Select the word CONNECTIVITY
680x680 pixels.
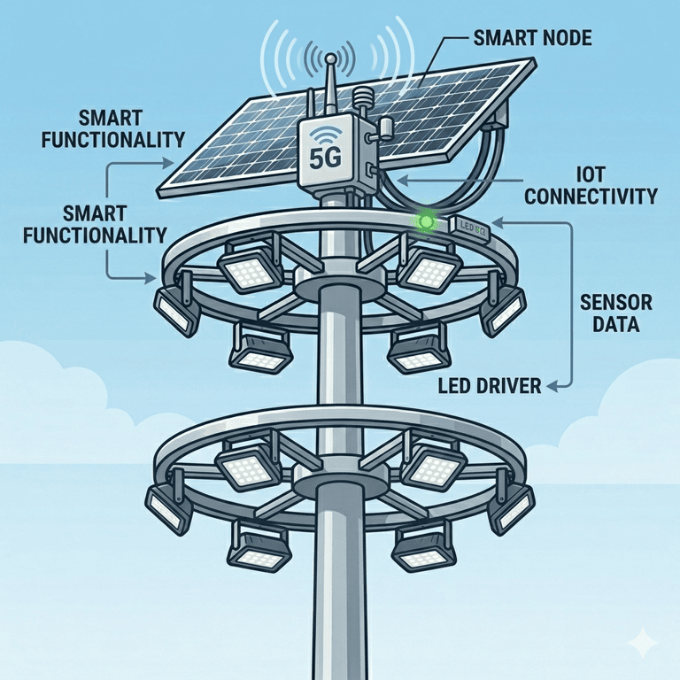591,196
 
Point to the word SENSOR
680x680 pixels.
616,303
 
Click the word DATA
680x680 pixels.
616,325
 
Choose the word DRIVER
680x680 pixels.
514,386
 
